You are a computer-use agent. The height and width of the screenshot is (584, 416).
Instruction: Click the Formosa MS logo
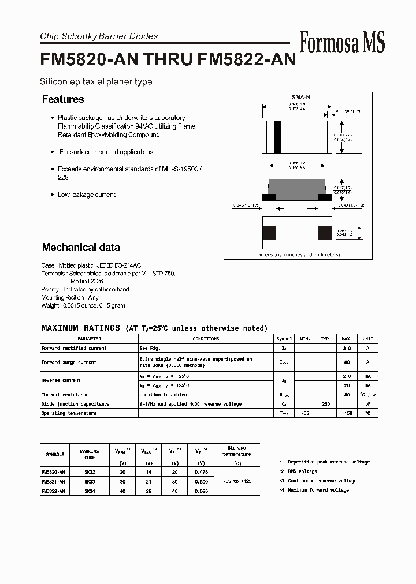[342, 42]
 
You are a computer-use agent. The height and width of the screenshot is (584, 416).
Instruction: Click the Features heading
[63, 99]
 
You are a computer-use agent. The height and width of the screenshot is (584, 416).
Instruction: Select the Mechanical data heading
[81, 248]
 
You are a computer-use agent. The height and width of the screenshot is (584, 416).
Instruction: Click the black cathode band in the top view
[277, 137]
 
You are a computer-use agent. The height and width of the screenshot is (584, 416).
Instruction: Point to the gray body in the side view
[298, 188]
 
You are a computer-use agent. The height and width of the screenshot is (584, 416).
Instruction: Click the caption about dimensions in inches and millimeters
[298, 254]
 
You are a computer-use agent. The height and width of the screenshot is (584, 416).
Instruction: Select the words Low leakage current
[87, 194]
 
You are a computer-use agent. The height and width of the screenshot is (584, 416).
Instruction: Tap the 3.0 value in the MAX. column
[347, 348]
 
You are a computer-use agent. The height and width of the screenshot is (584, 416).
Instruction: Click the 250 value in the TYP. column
[326, 404]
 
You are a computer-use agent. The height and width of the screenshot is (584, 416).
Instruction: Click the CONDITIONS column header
[206, 339]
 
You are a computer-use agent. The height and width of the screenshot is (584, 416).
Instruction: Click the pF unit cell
[367, 404]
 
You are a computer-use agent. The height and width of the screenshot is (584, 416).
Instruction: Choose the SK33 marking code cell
[90, 481]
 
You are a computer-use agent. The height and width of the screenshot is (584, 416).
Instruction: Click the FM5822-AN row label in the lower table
[53, 490]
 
